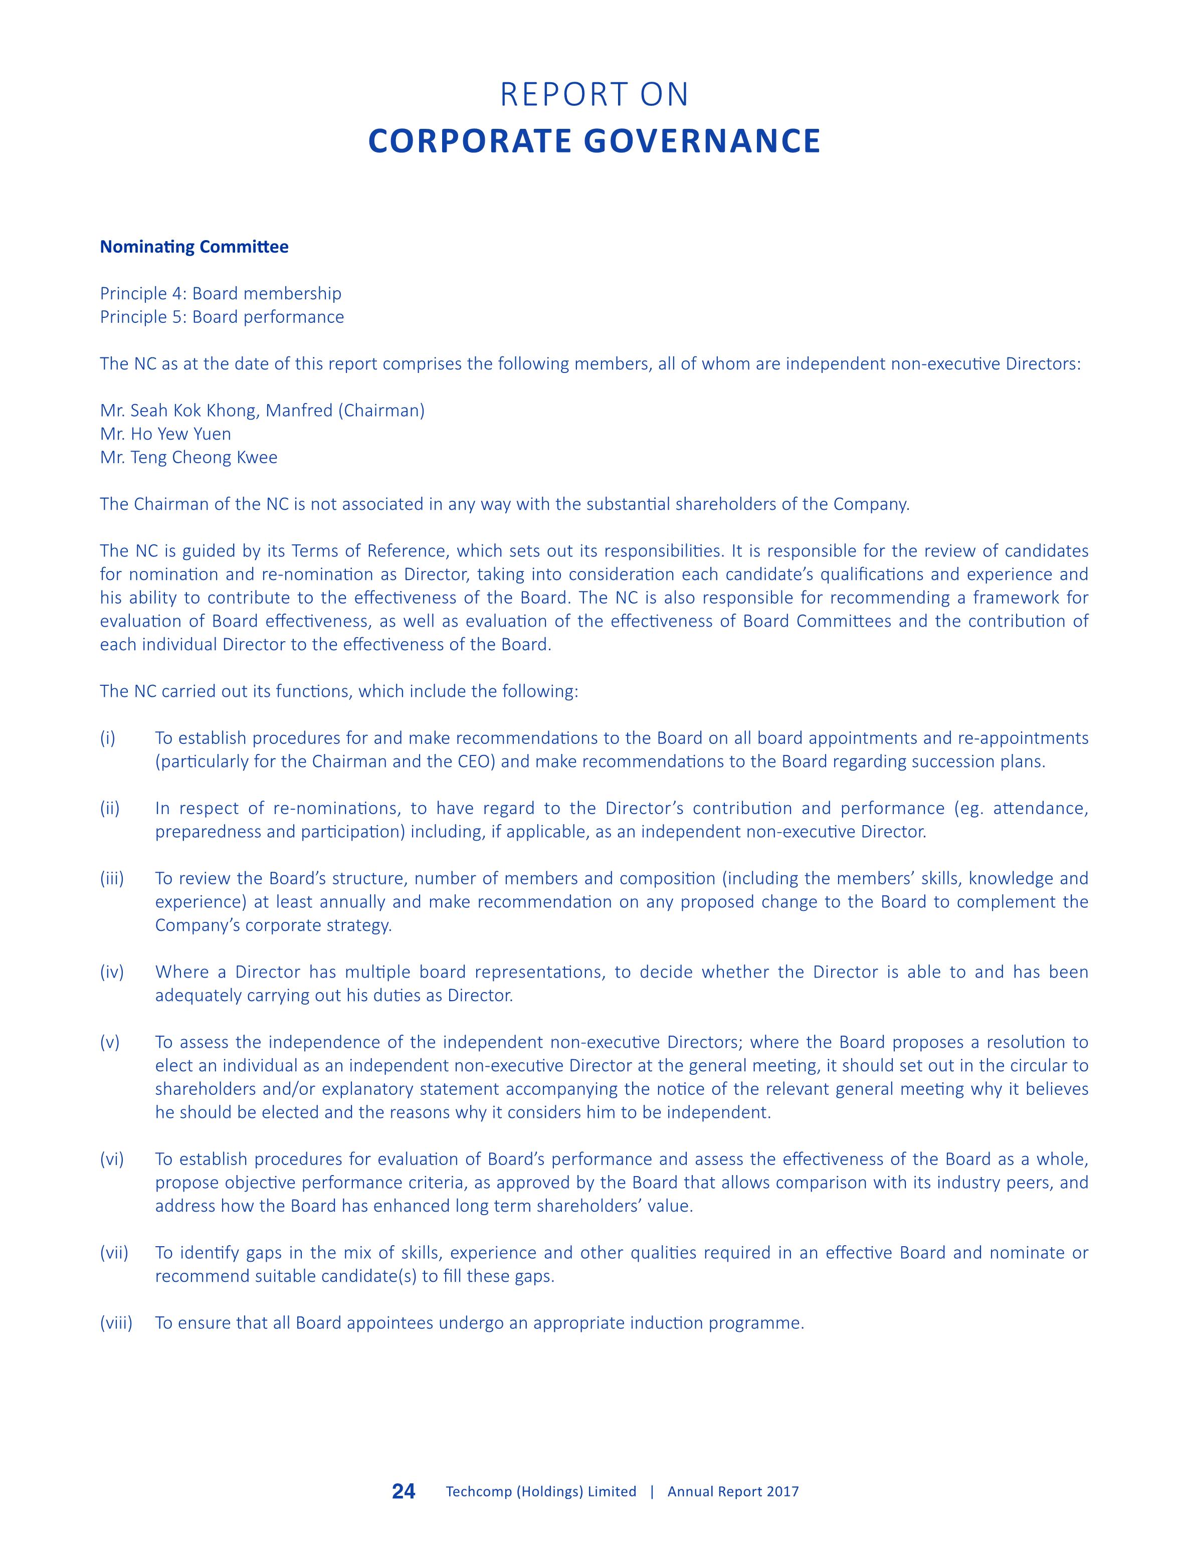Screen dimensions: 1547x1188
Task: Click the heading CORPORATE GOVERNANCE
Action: click(594, 141)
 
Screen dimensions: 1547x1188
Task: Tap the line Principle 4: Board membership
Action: click(220, 293)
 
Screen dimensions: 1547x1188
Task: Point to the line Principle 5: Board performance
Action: click(222, 317)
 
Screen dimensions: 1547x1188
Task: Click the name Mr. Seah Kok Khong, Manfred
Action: click(216, 411)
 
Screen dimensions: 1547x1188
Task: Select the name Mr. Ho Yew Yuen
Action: click(165, 434)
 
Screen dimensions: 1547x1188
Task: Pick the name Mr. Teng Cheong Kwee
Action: click(189, 458)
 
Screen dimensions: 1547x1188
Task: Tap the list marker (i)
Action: click(107, 738)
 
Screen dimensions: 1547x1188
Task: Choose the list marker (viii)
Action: click(116, 1323)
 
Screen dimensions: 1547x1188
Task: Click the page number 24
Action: click(404, 1491)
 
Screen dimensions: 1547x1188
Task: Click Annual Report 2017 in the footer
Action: click(733, 1492)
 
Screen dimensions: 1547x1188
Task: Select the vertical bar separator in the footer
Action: click(651, 1492)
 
